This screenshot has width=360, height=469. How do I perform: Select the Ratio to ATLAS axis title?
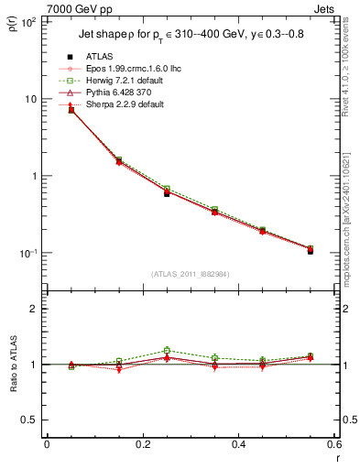[x=13, y=365]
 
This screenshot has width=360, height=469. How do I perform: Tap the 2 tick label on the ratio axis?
[x=33, y=309]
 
